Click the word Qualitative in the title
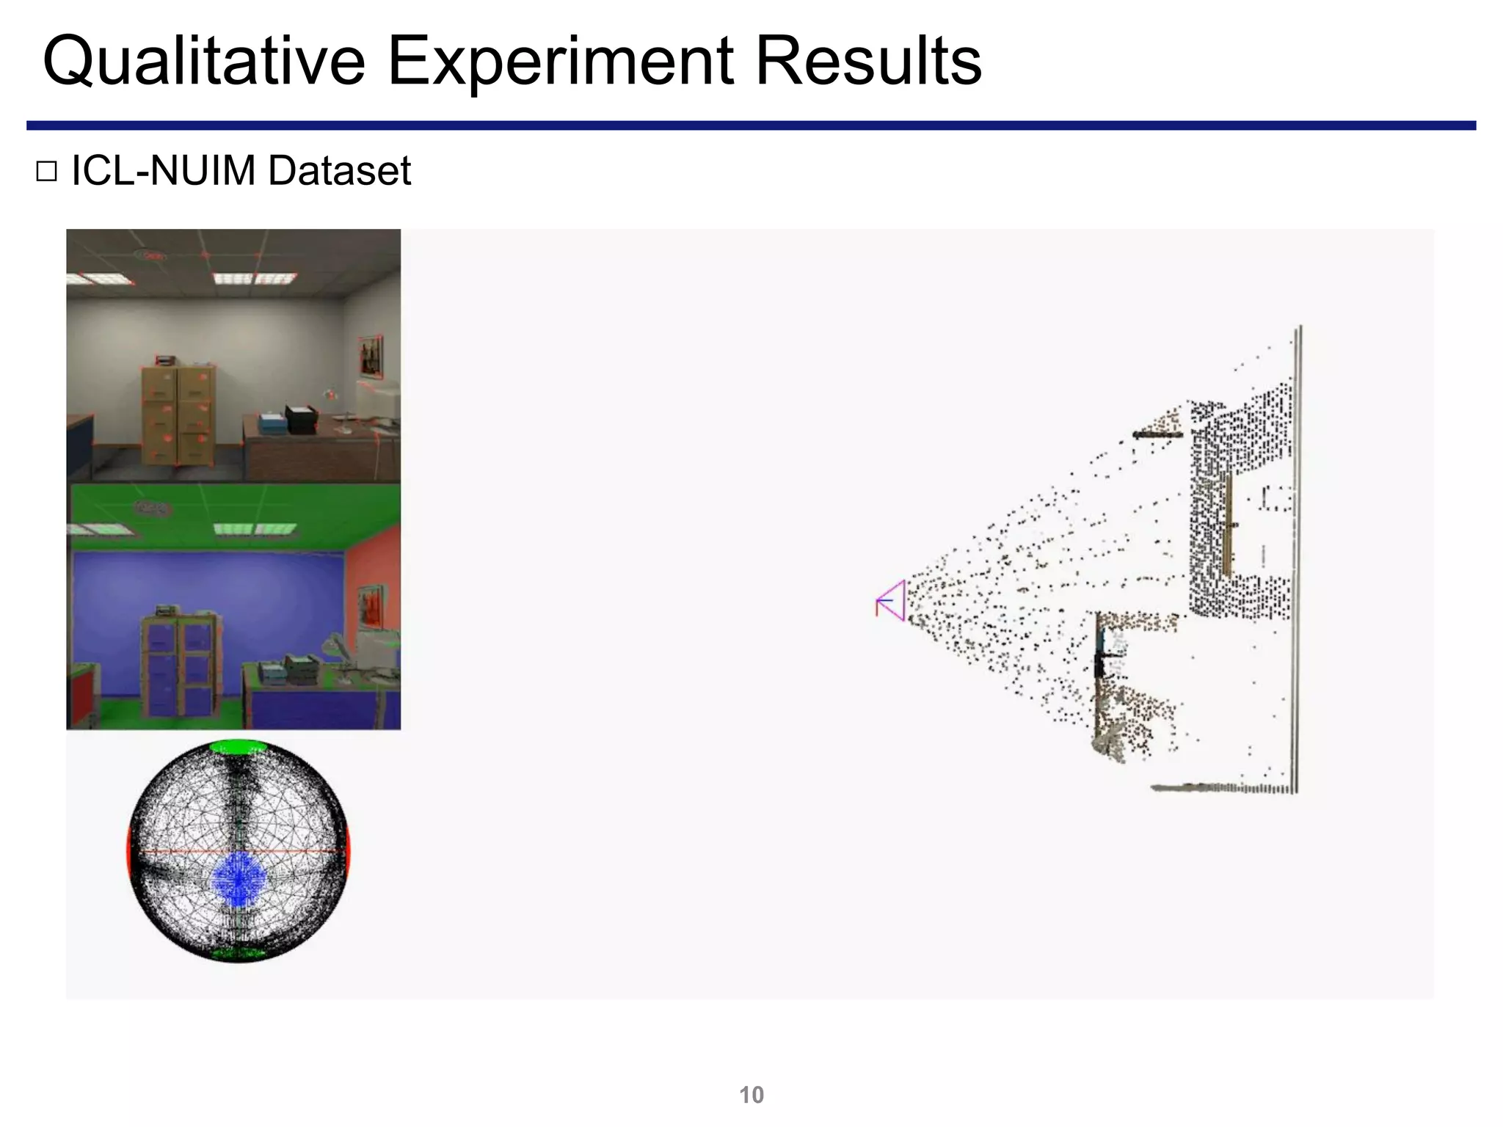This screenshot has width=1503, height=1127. (203, 62)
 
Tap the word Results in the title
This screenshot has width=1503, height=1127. (867, 62)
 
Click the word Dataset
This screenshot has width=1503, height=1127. (339, 171)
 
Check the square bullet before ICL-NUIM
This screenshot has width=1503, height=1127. (46, 172)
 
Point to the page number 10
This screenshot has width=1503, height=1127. (751, 1095)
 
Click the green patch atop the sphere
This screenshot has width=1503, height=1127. (239, 747)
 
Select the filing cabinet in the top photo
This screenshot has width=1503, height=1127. (178, 415)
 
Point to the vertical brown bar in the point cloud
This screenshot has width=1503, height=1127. (1226, 525)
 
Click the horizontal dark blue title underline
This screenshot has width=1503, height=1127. (751, 125)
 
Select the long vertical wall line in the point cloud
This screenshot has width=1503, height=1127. (1297, 558)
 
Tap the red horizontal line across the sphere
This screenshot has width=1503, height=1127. (183, 851)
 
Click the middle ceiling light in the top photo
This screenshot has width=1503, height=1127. (233, 278)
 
